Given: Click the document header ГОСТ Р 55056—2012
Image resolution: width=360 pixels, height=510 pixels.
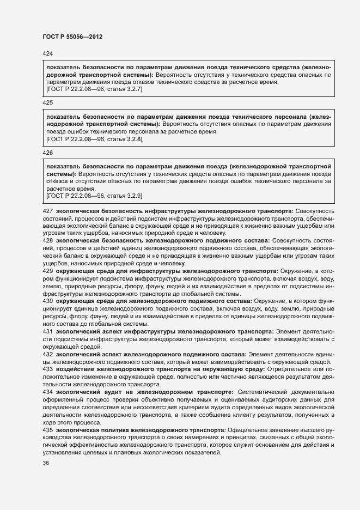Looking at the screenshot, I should tap(72, 37).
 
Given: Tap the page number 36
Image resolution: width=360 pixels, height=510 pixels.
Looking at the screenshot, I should tap(46, 463).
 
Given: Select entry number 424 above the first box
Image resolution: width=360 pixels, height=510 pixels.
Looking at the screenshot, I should tap(47, 53).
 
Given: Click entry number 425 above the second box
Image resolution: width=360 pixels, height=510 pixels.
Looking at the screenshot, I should tap(47, 102).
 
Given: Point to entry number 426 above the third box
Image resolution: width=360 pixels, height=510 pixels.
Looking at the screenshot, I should tap(47, 153).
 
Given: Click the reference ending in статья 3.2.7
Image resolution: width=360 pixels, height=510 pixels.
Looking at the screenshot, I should tap(94, 89).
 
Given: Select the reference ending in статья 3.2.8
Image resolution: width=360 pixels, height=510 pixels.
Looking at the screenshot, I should tap(94, 139).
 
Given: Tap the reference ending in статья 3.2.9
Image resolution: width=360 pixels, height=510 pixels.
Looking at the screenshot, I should tap(94, 196).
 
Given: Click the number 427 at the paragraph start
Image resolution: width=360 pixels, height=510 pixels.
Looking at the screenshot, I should tap(47, 210).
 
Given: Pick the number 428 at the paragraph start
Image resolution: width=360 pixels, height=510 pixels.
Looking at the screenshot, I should tap(47, 240).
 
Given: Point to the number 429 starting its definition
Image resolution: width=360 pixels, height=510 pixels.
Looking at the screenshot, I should tap(47, 270).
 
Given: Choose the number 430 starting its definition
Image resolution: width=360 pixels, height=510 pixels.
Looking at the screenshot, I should tap(47, 301).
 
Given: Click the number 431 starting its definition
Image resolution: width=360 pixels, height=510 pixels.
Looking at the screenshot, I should tap(47, 331).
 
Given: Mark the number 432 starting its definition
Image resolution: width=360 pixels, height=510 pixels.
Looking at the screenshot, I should tap(47, 354).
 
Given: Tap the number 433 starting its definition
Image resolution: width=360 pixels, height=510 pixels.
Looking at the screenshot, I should tap(47, 369).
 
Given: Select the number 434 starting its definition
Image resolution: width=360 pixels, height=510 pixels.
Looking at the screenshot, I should tap(47, 392).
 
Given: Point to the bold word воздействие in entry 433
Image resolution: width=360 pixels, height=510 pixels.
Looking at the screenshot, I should tap(76, 369).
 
